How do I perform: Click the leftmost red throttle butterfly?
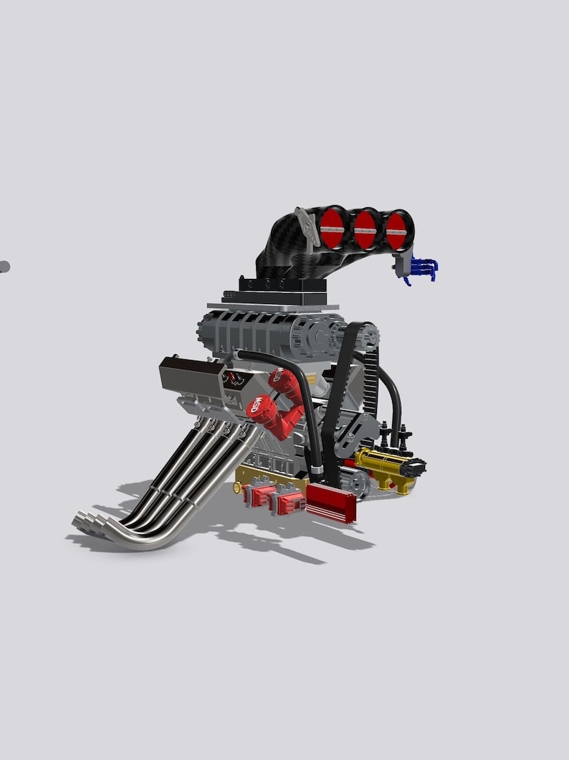[x=333, y=227]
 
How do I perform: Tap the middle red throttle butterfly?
[x=366, y=229]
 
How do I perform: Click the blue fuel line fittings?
[x=424, y=270]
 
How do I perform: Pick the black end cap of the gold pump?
[x=413, y=468]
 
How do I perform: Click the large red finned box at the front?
[x=331, y=502]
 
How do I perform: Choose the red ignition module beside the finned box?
[x=289, y=501]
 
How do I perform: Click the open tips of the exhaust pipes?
[x=85, y=521]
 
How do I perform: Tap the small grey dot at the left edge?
[x=4, y=267]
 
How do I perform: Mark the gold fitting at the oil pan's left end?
[x=237, y=488]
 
